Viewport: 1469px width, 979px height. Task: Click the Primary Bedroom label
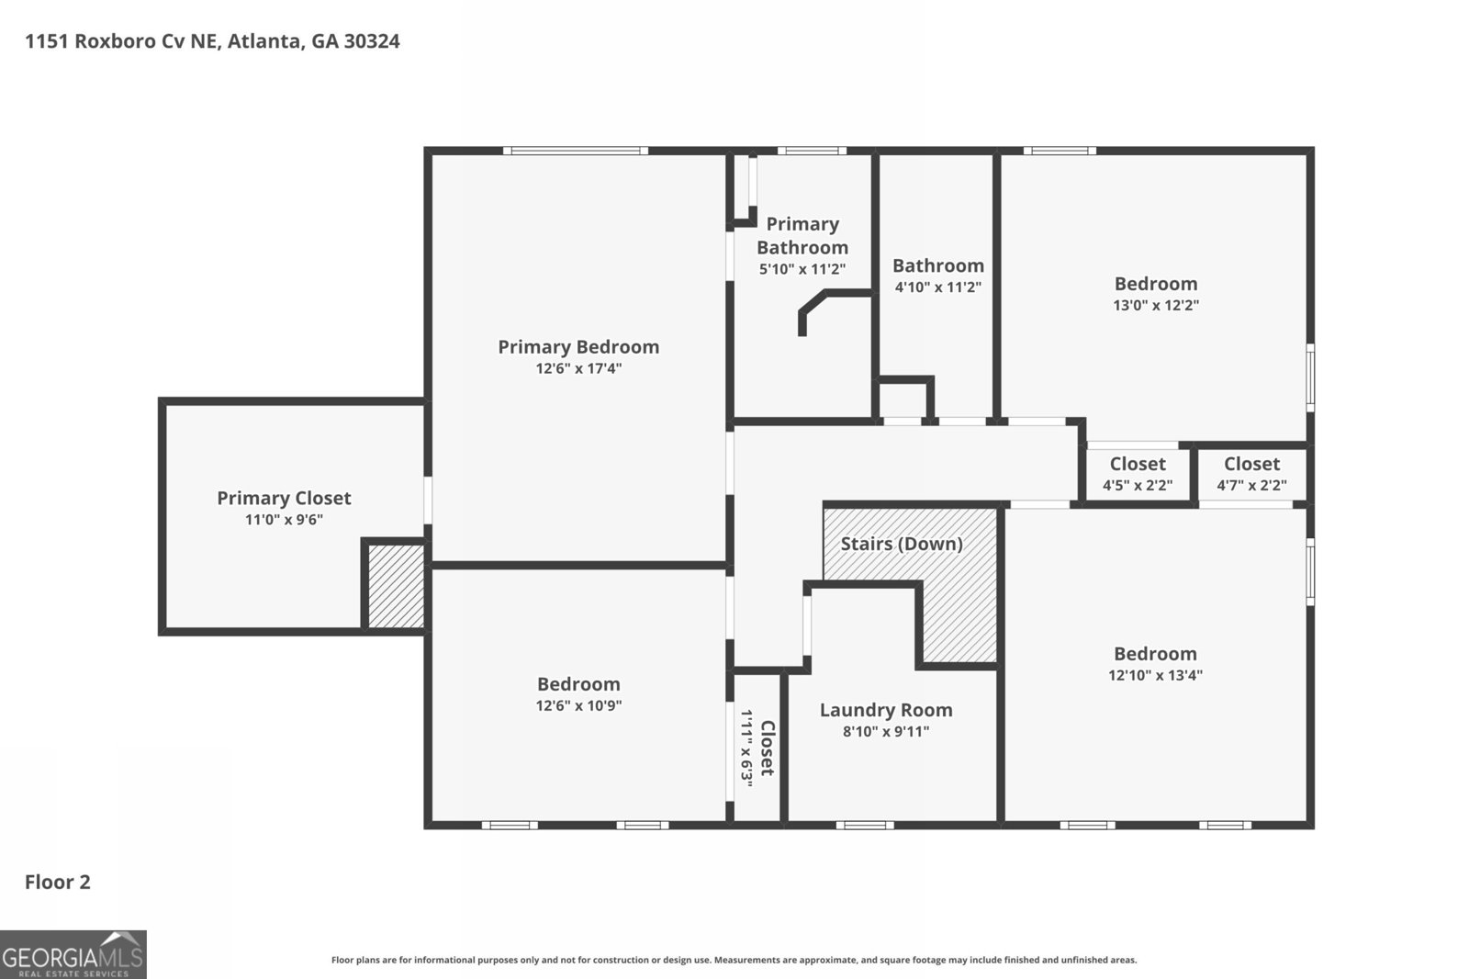(x=578, y=346)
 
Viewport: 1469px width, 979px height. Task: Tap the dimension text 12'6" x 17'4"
(x=578, y=368)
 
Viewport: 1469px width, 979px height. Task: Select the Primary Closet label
(x=284, y=498)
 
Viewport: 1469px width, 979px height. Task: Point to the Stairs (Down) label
(x=901, y=544)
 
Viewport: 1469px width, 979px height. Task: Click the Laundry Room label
(x=885, y=710)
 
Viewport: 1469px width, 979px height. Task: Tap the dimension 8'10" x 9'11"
(x=885, y=732)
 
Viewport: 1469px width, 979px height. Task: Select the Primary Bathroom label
(x=802, y=235)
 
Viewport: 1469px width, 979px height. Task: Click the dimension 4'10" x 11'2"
(x=937, y=287)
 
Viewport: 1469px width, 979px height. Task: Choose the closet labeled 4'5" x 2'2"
(x=1138, y=474)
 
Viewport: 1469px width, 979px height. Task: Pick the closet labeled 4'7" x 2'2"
(x=1251, y=474)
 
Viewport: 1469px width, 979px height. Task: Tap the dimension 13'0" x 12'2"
(x=1155, y=305)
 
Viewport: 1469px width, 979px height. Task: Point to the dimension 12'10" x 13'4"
(x=1155, y=675)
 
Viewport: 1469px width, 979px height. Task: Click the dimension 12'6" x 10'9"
(x=578, y=705)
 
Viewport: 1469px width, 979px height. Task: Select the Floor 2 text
(x=57, y=882)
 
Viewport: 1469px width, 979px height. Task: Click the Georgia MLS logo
(x=73, y=954)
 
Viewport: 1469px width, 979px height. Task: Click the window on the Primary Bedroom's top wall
(x=575, y=151)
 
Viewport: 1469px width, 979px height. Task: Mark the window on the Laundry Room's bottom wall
(x=864, y=825)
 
